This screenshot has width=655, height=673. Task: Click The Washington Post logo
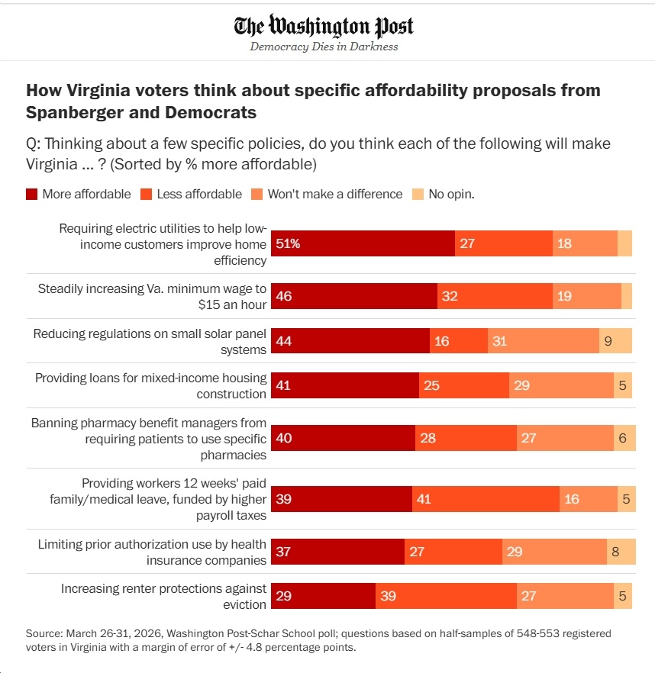324,27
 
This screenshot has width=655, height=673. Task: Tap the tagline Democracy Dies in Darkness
324,47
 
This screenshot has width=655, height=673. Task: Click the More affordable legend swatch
31,194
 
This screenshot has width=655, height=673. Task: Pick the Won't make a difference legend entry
327,194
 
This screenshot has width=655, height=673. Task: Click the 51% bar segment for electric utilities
363,243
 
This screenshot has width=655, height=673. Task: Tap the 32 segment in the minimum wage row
495,295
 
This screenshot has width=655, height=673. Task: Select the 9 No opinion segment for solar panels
615,341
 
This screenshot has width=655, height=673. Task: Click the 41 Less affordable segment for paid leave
486,499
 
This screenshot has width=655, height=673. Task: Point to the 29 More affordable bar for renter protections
323,596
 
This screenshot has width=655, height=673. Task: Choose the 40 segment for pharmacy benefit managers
343,439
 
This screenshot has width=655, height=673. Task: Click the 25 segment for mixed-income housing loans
463,386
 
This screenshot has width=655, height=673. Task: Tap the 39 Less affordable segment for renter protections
446,596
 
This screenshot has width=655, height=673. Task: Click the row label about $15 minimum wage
152,296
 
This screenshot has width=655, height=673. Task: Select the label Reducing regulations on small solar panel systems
150,341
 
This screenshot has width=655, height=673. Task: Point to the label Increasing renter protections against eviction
163,596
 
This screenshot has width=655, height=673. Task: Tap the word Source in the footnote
44,634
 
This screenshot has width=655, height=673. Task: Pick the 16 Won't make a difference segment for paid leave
588,499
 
